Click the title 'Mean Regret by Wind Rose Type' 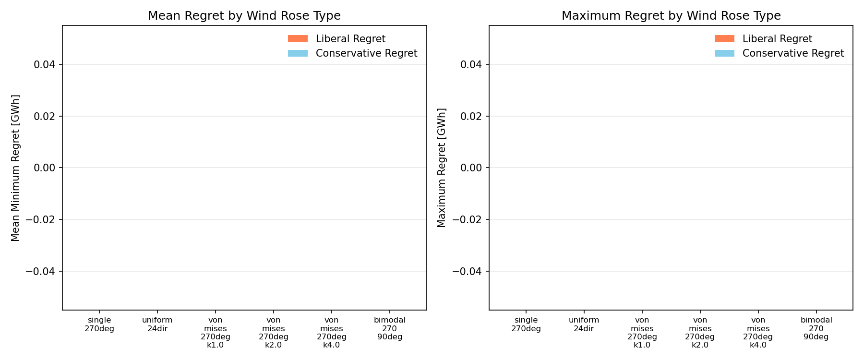pos(244,16)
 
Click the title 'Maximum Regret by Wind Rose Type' pos(671,16)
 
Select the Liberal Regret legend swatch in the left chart pos(298,39)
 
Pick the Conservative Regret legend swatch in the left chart pos(298,53)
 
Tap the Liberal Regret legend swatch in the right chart pos(724,39)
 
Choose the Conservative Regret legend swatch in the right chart pos(724,53)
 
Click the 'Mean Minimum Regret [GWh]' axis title pos(15,168)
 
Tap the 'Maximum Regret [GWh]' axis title pos(442,168)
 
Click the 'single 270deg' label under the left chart pos(99,324)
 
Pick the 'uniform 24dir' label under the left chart pos(157,324)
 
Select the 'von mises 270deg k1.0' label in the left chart pos(216,333)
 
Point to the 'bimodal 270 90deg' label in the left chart pos(390,328)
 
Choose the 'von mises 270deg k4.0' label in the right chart pos(758,333)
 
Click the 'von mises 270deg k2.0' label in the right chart pos(700,333)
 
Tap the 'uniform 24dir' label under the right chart pos(584,324)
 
